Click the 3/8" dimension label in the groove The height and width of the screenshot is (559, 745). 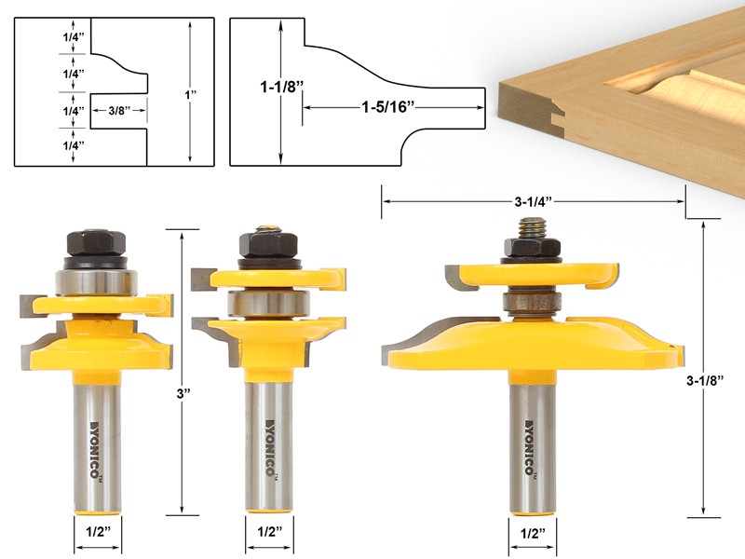(x=119, y=111)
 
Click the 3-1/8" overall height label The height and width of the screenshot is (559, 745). (x=721, y=381)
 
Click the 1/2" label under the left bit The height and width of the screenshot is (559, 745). (x=97, y=536)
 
